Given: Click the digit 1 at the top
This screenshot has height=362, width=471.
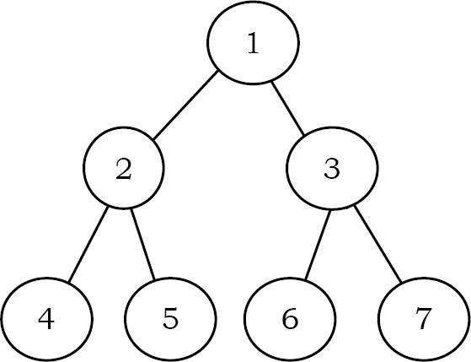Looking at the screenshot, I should (253, 45).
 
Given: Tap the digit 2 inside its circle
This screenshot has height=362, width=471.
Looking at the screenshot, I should (124, 170).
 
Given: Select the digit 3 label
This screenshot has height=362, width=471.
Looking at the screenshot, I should (331, 170).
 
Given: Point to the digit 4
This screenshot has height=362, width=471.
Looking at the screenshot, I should (46, 320).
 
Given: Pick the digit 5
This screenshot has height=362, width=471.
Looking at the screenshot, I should (170, 320).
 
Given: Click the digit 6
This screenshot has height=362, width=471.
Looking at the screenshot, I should (291, 320).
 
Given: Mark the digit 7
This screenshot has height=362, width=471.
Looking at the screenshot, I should (423, 320).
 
